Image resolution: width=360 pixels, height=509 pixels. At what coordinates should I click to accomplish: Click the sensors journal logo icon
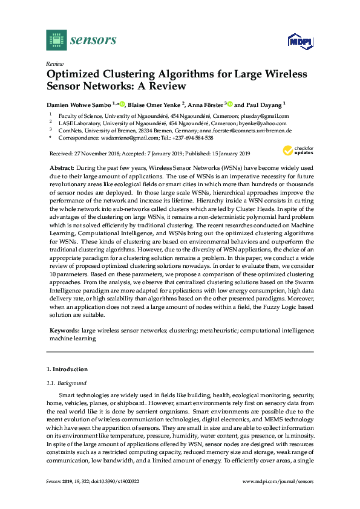pos(56,40)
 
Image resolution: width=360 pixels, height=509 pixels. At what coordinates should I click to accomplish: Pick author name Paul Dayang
pos(264,104)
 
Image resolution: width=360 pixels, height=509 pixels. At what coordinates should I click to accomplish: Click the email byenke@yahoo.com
pos(255,123)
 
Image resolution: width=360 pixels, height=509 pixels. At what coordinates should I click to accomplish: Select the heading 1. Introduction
pos(67,369)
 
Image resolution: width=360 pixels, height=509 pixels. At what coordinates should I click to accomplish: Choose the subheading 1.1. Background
pos(67,383)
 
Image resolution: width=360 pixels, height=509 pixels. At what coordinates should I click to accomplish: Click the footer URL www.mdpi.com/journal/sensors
pos(278,481)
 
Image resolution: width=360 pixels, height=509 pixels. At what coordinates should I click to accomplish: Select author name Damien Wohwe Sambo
pos(81,104)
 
